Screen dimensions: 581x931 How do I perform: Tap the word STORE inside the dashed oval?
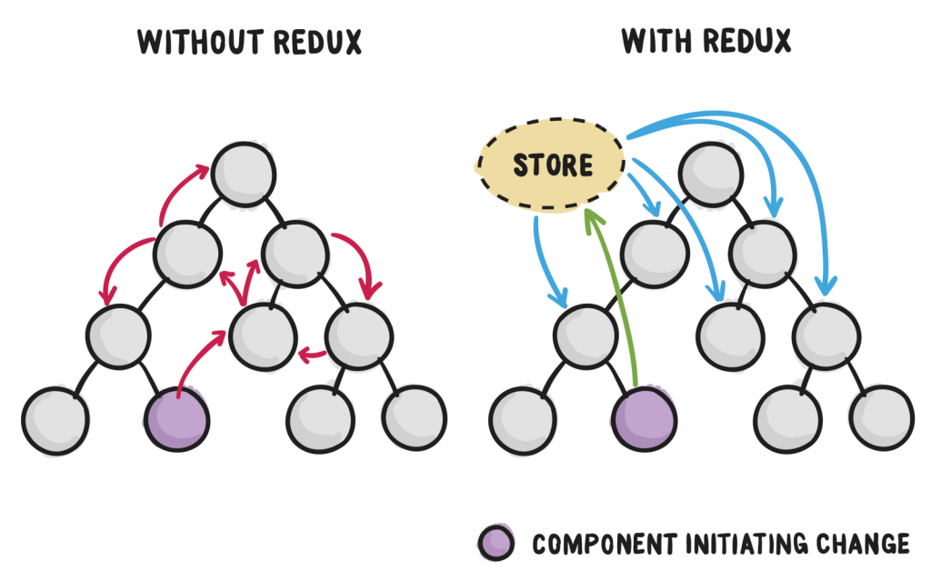coord(552,165)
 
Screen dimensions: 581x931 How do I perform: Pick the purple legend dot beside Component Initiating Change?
coord(496,543)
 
